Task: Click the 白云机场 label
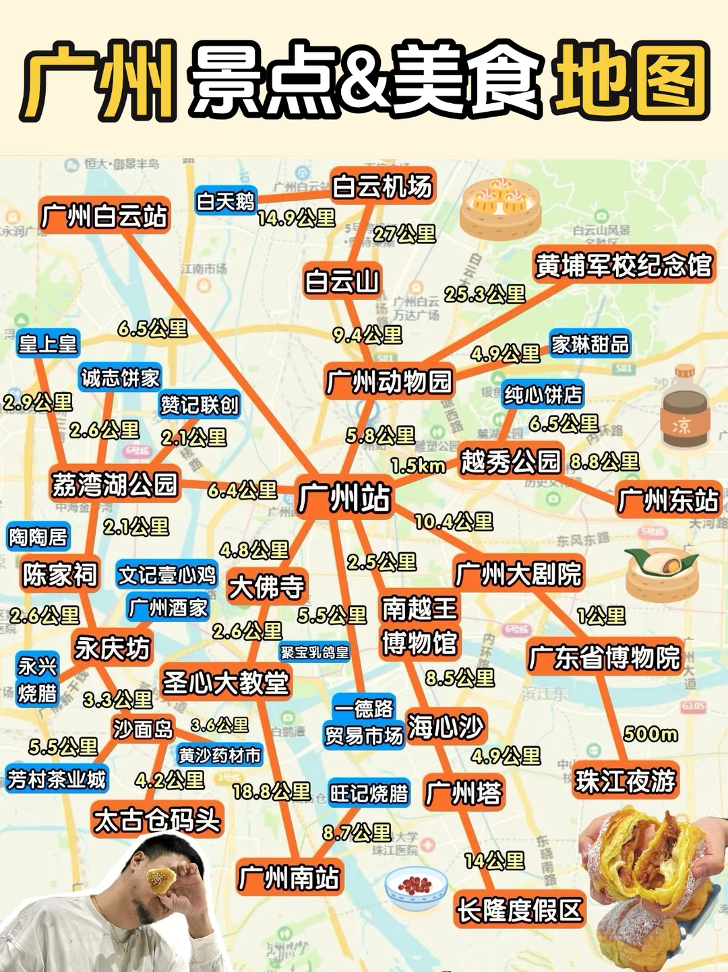click(x=382, y=187)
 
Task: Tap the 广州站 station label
click(x=344, y=498)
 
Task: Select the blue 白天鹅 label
click(x=226, y=201)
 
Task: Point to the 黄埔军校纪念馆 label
click(x=624, y=265)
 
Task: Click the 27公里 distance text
click(x=404, y=234)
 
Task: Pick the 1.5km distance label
click(x=418, y=465)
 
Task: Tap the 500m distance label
click(x=650, y=734)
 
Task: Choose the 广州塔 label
click(x=464, y=793)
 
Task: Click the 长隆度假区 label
click(x=519, y=910)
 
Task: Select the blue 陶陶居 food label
click(x=38, y=537)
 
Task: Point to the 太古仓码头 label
click(x=157, y=820)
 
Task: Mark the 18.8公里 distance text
click(x=271, y=791)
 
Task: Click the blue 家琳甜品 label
click(x=590, y=344)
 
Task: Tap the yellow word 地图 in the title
click(x=630, y=81)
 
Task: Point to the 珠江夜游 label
click(x=625, y=781)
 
